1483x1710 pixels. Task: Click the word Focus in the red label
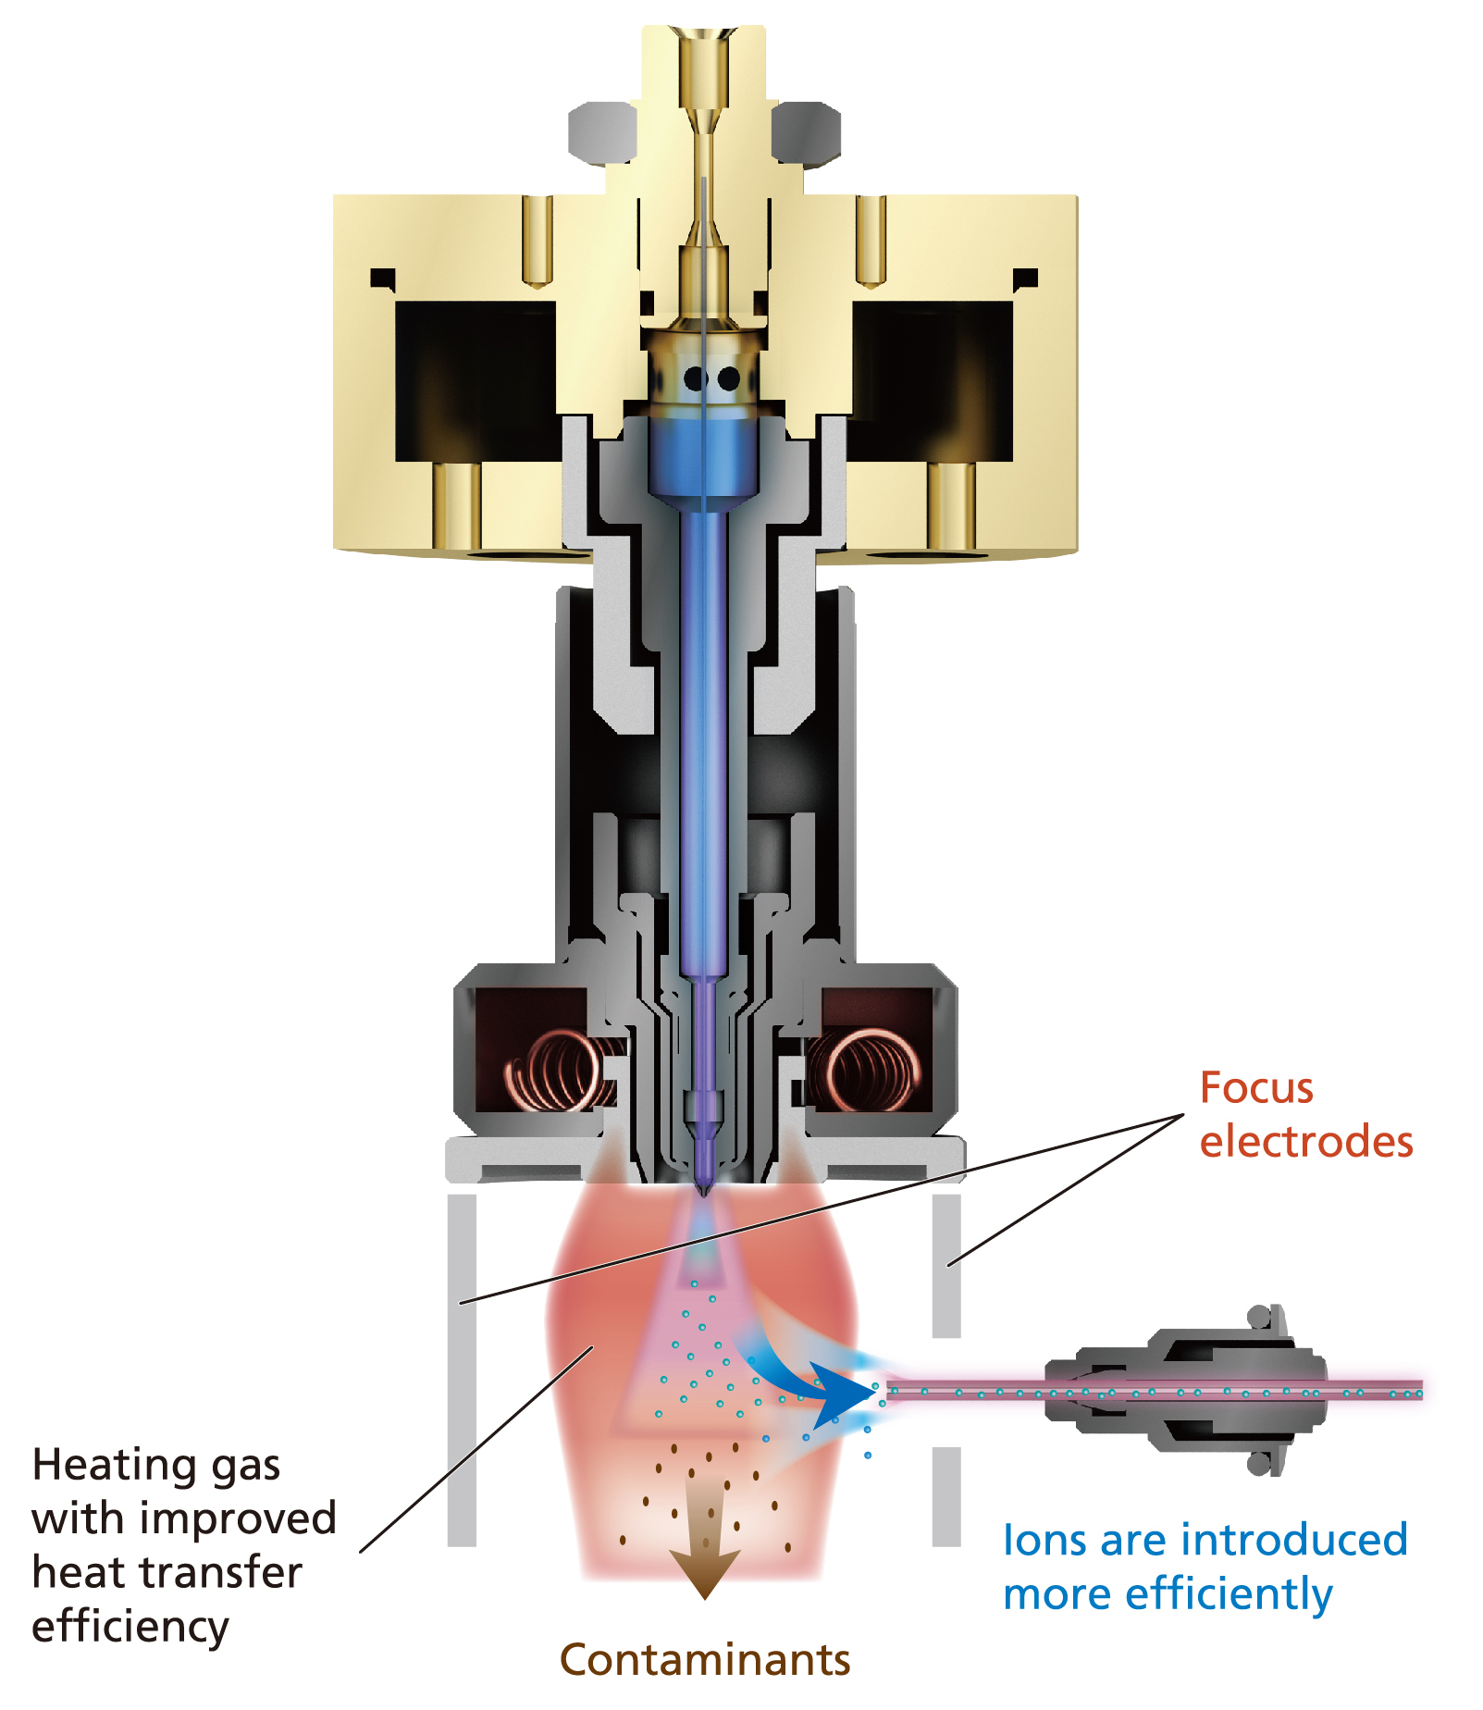(x=1255, y=1088)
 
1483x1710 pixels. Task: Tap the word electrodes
(x=1305, y=1142)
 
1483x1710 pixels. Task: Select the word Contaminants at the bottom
(x=705, y=1659)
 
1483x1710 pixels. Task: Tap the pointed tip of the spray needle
(x=703, y=1188)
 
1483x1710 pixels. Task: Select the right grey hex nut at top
(x=806, y=130)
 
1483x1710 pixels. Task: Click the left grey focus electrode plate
(x=462, y=1369)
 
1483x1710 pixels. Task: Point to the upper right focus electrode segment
(x=946, y=1265)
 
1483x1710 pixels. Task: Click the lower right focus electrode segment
(x=946, y=1495)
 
